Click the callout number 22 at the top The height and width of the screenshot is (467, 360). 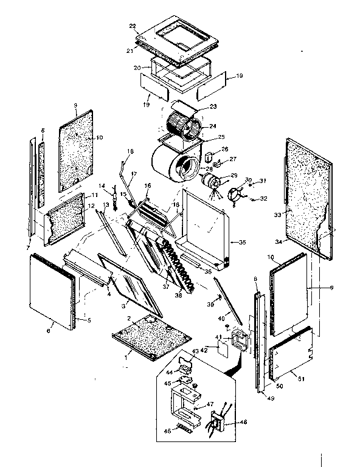[x=133, y=27]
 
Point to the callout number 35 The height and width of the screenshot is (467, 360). [x=241, y=243]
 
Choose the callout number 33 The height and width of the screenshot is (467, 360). [x=277, y=215]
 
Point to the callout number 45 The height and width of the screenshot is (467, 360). [x=167, y=383]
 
